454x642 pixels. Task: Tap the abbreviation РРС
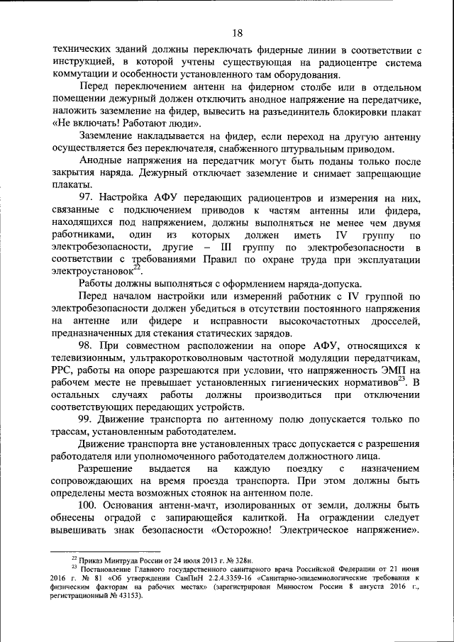pyautogui.click(x=65, y=370)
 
